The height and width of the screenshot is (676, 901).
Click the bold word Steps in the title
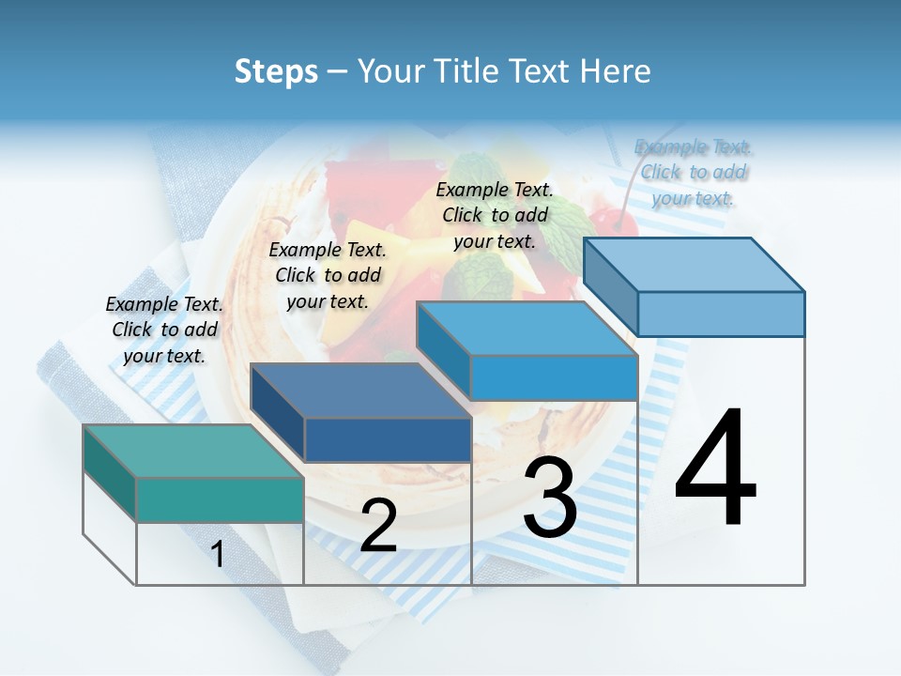276,71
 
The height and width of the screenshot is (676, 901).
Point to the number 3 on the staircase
549,498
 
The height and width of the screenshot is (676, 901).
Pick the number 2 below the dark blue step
378,526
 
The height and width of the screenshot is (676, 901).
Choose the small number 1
218,555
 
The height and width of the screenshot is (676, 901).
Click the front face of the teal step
220,499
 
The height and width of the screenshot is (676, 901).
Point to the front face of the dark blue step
387,439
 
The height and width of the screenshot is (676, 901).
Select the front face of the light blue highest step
721,314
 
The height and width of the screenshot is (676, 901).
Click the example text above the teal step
164,330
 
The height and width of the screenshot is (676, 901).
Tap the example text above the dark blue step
328,275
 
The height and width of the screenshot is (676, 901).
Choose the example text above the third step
495,215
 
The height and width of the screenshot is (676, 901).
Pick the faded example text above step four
694,172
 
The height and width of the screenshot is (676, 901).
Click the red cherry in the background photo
620,222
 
